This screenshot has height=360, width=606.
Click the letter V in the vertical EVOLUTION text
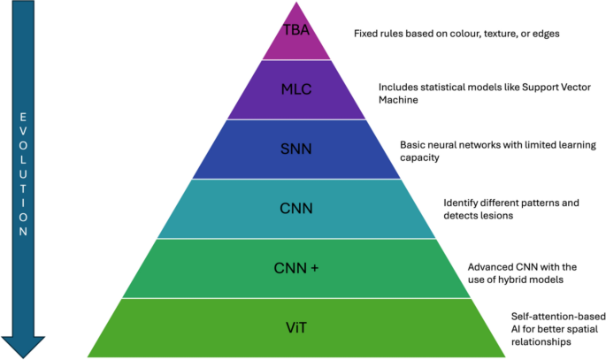(x=24, y=134)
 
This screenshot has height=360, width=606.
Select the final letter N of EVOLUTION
(x=24, y=232)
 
